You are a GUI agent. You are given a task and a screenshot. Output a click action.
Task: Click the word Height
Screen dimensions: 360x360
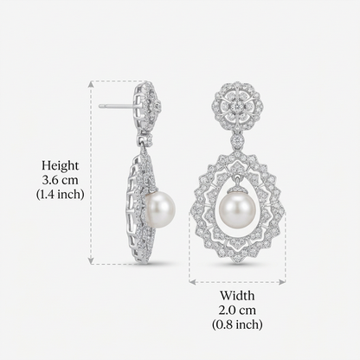coord(60,166)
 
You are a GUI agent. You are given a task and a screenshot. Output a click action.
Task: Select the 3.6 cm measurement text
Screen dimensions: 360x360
coord(60,180)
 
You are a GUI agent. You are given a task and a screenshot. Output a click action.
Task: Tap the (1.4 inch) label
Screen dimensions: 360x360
coord(60,194)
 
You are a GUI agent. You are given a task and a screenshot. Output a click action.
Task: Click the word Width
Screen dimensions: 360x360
coord(237,296)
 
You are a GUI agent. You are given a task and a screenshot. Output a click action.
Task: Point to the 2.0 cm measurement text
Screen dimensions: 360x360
coord(237,311)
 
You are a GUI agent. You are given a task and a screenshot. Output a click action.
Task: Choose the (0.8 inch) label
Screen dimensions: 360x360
coord(237,325)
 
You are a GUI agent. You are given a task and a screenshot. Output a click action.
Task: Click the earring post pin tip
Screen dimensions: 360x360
coord(100,106)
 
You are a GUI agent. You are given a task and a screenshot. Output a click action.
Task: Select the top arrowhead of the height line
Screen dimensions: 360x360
coord(91,83)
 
